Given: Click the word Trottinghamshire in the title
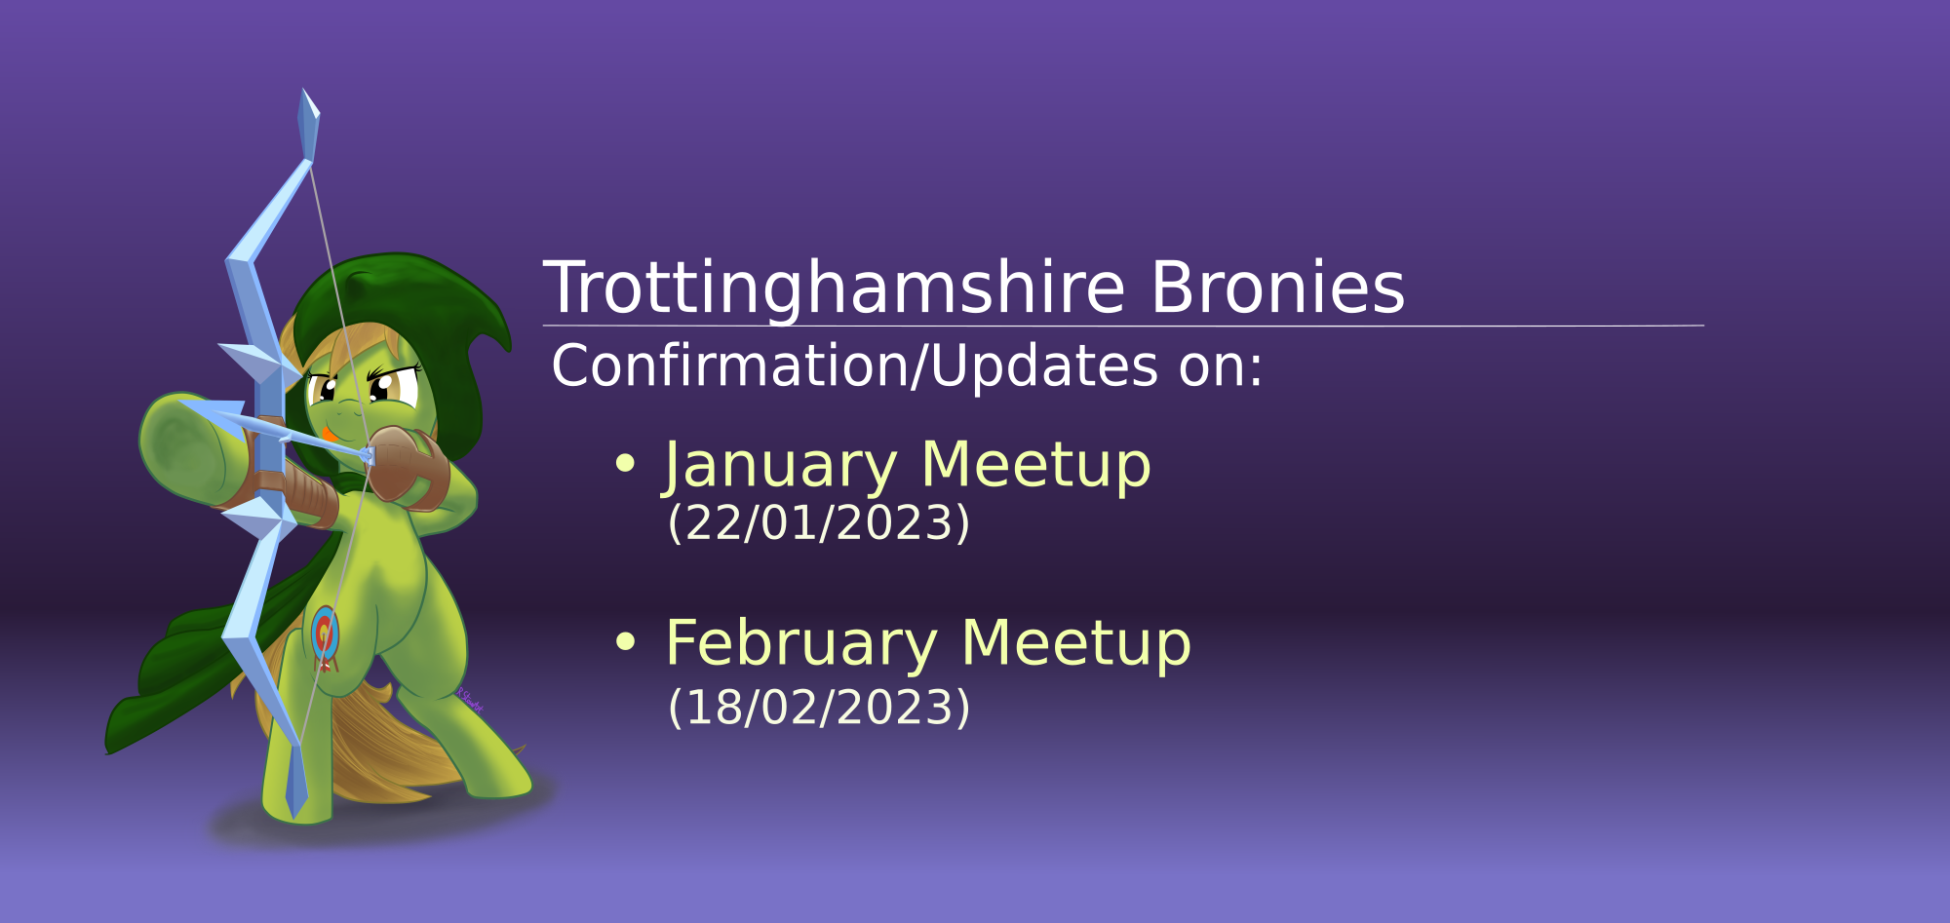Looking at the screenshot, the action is click(834, 288).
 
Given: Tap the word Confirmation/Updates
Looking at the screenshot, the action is click(855, 366).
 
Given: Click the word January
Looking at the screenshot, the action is click(780, 467).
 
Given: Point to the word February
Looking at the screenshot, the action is click(801, 645).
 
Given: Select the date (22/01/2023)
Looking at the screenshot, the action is click(819, 522).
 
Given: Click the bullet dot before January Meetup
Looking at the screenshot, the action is click(625, 464).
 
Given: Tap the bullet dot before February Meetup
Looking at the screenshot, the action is click(625, 641).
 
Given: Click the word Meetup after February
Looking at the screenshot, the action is click(1076, 645).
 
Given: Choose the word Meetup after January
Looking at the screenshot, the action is click(1036, 466).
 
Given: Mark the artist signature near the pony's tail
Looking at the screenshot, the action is click(470, 700).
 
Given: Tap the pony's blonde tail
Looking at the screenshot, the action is click(390, 750).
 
